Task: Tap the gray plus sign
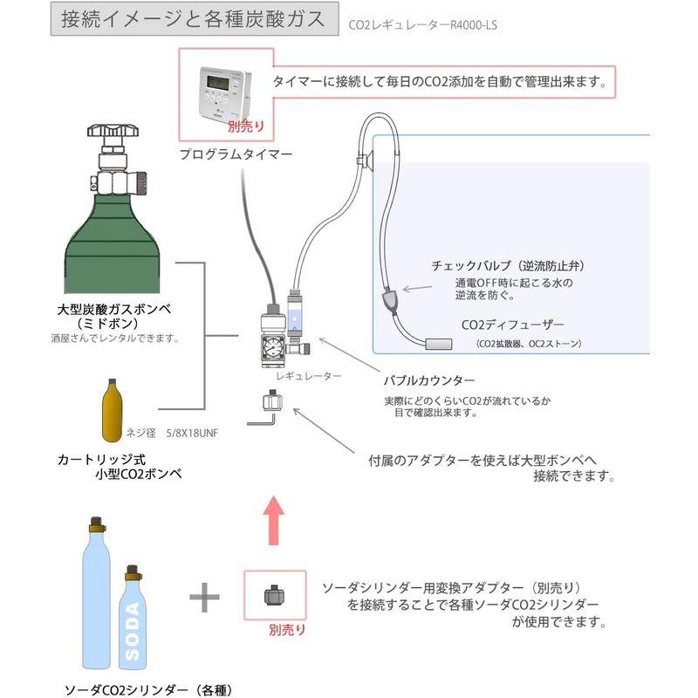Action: tap(204, 598)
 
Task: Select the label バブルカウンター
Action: tap(429, 381)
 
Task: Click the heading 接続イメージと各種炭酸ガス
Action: tap(193, 18)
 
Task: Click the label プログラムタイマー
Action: tap(236, 154)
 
